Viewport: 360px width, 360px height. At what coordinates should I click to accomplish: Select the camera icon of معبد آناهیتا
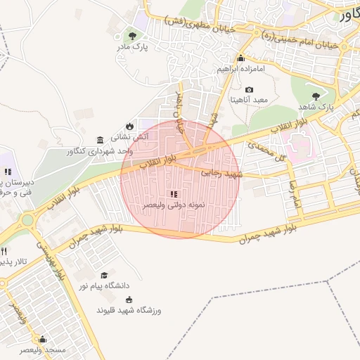(250, 89)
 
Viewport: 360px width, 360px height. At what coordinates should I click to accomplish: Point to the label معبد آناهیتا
(250, 101)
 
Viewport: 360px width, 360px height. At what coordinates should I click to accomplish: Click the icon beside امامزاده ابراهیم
(241, 58)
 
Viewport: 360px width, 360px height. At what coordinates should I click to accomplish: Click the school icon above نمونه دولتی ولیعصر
(174, 193)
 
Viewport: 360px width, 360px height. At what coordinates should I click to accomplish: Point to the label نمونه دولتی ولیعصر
(174, 205)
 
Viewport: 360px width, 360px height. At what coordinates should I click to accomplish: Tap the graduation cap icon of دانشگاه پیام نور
(105, 276)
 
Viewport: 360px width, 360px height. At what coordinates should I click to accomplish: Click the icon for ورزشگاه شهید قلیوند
(129, 299)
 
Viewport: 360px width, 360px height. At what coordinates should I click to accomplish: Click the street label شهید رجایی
(220, 172)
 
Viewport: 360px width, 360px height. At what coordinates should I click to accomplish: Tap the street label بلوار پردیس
(62, 261)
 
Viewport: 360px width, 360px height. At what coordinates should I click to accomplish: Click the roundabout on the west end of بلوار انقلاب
(27, 220)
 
